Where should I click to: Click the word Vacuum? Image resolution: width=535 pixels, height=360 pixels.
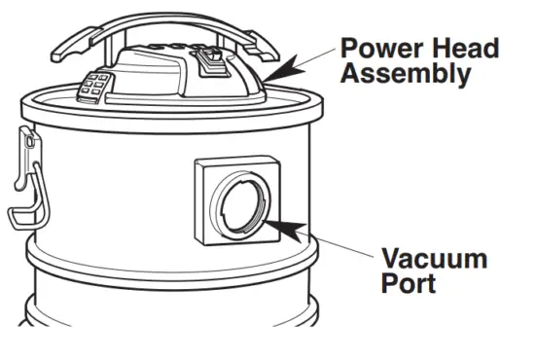pyautogui.click(x=433, y=260)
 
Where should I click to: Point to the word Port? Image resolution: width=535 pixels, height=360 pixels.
pyautogui.click(x=408, y=285)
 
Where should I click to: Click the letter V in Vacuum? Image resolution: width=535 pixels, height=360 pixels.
pyautogui.click(x=392, y=260)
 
